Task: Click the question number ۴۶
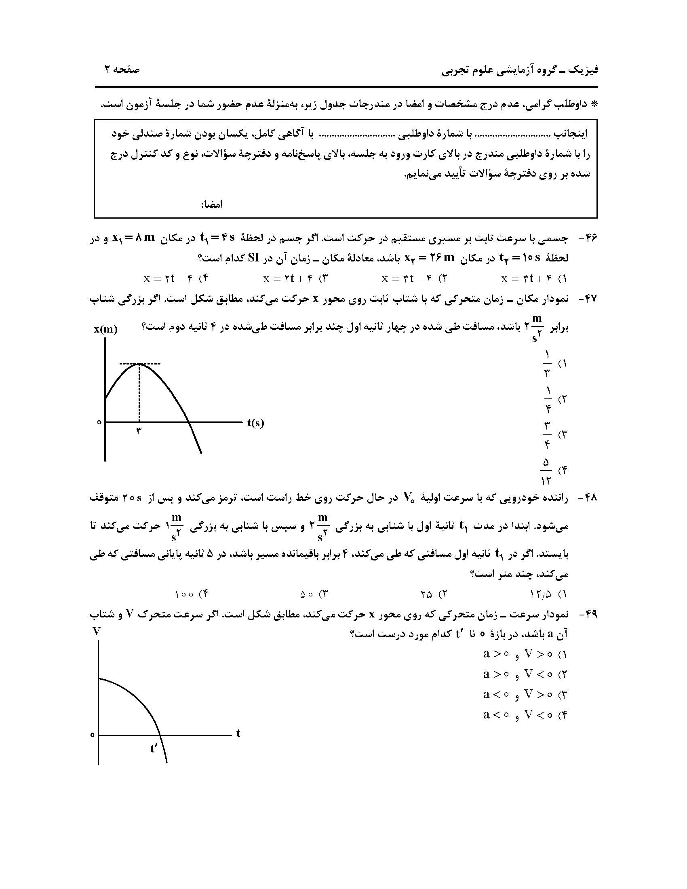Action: [587, 239]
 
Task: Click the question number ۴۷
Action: [587, 299]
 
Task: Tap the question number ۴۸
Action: [587, 497]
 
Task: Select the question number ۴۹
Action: [587, 615]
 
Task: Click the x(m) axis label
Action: [106, 330]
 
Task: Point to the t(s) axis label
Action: [255, 423]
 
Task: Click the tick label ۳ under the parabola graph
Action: [139, 432]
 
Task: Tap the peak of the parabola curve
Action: [139, 364]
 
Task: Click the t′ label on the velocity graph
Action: [154, 748]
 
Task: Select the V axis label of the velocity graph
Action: [97, 631]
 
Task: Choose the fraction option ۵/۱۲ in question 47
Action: [546, 471]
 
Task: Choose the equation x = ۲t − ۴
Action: [168, 279]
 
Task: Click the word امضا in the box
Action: [212, 204]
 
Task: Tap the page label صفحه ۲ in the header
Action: [121, 70]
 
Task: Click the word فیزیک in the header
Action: [585, 70]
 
